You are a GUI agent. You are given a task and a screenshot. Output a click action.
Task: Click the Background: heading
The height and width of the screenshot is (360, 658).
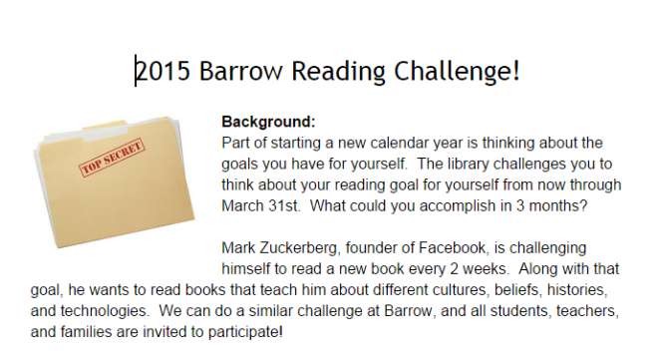pos(268,123)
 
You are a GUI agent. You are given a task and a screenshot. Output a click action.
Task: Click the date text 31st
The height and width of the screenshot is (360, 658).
pos(301,206)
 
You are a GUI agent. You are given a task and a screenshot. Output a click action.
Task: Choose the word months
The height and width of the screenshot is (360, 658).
pos(561,206)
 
